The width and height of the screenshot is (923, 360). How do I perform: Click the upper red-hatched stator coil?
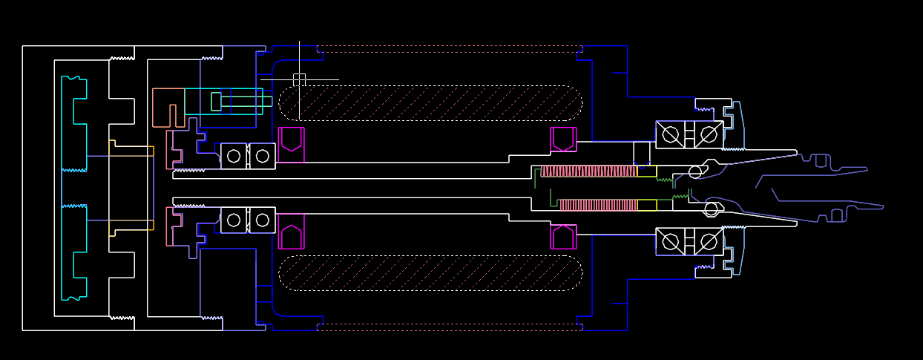pyautogui.click(x=430, y=103)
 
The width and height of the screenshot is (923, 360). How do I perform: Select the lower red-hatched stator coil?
pyautogui.click(x=430, y=273)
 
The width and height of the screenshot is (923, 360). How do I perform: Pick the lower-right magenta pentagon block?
pyautogui.click(x=563, y=236)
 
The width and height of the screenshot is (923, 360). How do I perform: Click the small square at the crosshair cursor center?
pyautogui.click(x=299, y=79)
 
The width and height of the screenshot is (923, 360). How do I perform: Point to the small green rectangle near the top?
pyautogui.click(x=216, y=101)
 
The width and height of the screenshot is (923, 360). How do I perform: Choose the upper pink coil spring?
pyautogui.click(x=589, y=171)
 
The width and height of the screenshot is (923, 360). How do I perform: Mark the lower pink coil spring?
pyautogui.click(x=598, y=205)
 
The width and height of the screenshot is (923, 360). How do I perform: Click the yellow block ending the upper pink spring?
pyautogui.click(x=647, y=171)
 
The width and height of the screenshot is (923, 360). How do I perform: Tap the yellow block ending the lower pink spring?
pyautogui.click(x=647, y=205)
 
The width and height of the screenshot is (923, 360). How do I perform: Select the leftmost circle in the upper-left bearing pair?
pyautogui.click(x=234, y=156)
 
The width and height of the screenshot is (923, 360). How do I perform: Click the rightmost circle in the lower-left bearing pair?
pyautogui.click(x=262, y=220)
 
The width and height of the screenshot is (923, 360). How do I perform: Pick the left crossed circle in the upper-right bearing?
pyautogui.click(x=671, y=134)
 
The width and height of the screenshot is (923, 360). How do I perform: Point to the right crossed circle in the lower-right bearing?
pyautogui.click(x=709, y=242)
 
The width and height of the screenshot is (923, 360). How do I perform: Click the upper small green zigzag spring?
pyautogui.click(x=666, y=179)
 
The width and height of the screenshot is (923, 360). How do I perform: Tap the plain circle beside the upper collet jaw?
pyautogui.click(x=695, y=172)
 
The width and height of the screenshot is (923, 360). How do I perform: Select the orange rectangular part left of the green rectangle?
pyautogui.click(x=168, y=108)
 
